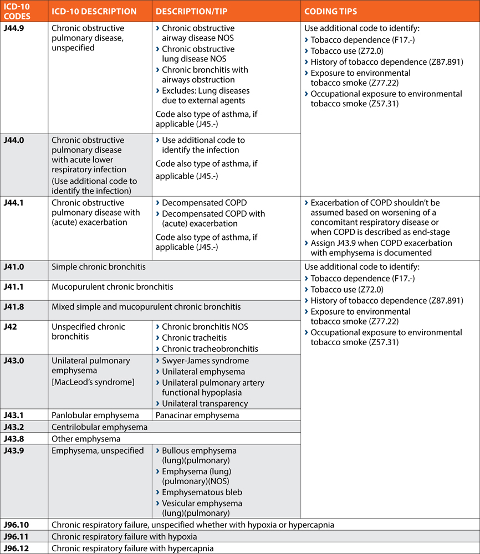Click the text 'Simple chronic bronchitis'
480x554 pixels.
[x=99, y=267]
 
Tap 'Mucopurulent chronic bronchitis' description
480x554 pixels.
[x=113, y=287]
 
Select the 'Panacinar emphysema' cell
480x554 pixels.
[x=197, y=416]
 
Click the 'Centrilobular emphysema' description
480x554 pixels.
[x=100, y=427]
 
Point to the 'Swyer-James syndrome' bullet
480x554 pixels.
[x=205, y=361]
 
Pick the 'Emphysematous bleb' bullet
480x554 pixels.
[x=202, y=493]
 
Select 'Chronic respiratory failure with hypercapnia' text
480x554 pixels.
[x=132, y=548]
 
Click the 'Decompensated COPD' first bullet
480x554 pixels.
[x=204, y=203]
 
